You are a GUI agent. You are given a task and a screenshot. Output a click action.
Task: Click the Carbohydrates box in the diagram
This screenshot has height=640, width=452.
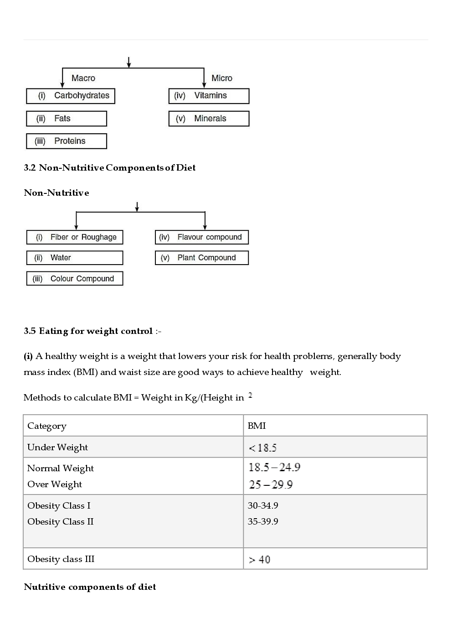tap(71, 96)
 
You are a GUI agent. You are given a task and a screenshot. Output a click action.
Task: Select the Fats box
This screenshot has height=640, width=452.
tap(67, 119)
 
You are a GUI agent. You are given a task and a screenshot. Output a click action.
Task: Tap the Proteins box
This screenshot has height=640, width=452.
tap(67, 141)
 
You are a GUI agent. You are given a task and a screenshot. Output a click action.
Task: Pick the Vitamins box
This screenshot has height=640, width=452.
tap(209, 96)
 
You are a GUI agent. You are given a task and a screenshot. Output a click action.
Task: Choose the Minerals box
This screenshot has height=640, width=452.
tap(209, 119)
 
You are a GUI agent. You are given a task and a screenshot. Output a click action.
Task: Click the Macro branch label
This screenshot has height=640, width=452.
tap(83, 78)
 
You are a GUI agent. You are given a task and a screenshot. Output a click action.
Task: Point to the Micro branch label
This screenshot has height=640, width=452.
tap(222, 78)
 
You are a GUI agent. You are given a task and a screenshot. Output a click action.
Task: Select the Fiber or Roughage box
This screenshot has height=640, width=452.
tap(75, 237)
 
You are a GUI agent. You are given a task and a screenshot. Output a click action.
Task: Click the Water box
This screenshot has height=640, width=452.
tap(75, 258)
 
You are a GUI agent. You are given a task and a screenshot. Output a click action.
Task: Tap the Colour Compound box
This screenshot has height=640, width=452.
tap(75, 279)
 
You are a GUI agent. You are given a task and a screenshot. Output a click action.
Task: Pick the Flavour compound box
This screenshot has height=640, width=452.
tap(202, 237)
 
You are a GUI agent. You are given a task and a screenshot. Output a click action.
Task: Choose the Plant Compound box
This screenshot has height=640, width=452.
tap(202, 258)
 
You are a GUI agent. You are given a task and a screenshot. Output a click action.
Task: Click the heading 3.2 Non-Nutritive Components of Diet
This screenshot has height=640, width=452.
tap(110, 168)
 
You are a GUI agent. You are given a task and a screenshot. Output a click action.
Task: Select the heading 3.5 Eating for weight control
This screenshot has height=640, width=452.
tap(88, 331)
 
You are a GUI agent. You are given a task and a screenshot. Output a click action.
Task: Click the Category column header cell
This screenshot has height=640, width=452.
tap(47, 426)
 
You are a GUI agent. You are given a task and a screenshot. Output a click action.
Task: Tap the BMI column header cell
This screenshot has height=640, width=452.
tap(257, 426)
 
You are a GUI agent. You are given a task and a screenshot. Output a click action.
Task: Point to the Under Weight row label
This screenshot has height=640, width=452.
tap(57, 447)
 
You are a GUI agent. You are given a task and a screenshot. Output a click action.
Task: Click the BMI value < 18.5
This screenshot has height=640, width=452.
tap(263, 448)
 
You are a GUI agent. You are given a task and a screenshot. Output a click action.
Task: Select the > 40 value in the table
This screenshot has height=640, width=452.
tap(260, 560)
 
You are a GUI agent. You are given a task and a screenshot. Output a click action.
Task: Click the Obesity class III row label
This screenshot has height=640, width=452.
tap(61, 559)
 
